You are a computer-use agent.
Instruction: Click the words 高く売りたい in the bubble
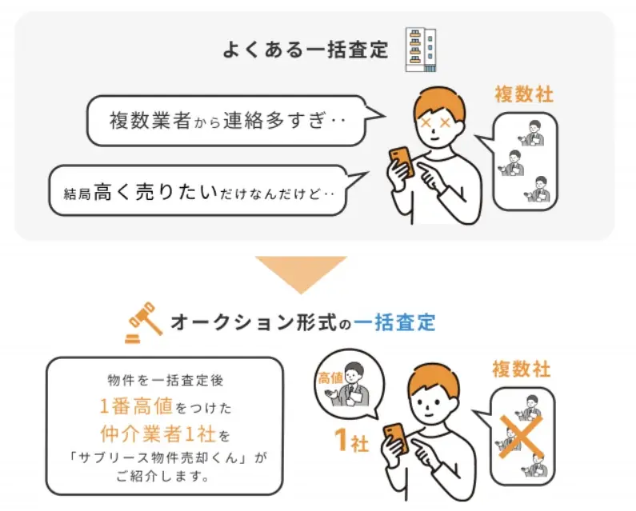pyautogui.click(x=155, y=190)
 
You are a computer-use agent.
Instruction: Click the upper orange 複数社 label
pyautogui.click(x=524, y=94)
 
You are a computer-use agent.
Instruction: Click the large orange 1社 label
pyautogui.click(x=350, y=440)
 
